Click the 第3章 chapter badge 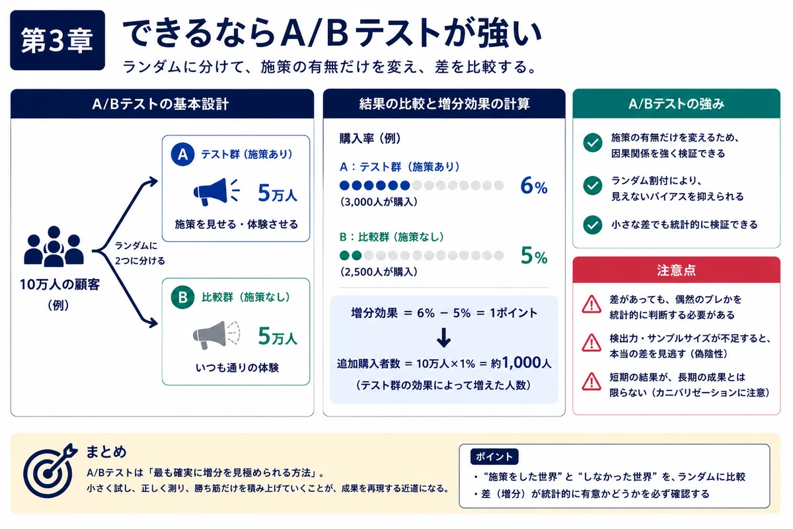(57, 40)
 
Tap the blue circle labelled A (182, 154)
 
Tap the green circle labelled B (182, 297)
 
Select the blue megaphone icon (216, 192)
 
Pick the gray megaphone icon (216, 335)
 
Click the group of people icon (54, 246)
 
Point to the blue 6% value (534, 185)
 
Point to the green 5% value (534, 255)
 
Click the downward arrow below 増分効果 (443, 337)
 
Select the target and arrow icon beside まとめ (50, 471)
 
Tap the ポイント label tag (494, 456)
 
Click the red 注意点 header (676, 270)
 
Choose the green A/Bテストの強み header (676, 103)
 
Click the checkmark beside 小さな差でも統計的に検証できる (593, 225)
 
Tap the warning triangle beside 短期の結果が (591, 382)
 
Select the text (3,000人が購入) (379, 202)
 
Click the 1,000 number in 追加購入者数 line (521, 362)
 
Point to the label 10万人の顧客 (60, 284)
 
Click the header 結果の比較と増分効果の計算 (444, 104)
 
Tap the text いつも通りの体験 (237, 368)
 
